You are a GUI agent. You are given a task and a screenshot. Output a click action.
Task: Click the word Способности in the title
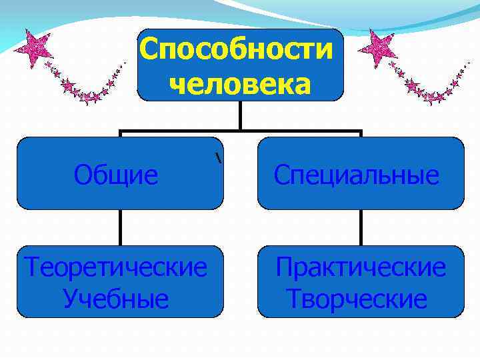coord(237,49)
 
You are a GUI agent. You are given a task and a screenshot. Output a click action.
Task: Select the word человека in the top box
coord(240,84)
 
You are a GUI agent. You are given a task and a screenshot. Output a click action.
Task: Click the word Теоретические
coord(115,268)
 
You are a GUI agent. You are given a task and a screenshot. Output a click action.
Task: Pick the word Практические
coord(361,268)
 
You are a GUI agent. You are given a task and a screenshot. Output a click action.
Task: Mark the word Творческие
coord(357,299)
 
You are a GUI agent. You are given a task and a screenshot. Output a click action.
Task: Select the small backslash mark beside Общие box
coord(218,158)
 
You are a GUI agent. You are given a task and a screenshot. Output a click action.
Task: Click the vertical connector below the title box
coord(241,115)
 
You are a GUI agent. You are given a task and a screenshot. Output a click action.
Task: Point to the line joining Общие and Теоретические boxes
coord(121,227)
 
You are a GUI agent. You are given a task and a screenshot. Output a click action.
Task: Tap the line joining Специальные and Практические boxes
coord(361,227)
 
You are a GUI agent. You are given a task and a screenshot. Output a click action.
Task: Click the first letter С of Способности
coord(151,49)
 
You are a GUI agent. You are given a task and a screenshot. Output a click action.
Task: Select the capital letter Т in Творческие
coord(295,299)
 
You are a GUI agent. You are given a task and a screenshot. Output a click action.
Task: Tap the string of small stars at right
coord(427,87)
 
